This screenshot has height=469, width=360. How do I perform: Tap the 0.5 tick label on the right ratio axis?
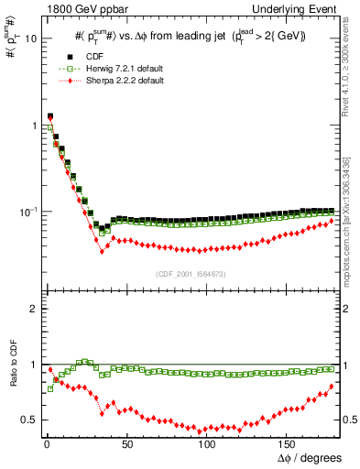click(350, 420)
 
